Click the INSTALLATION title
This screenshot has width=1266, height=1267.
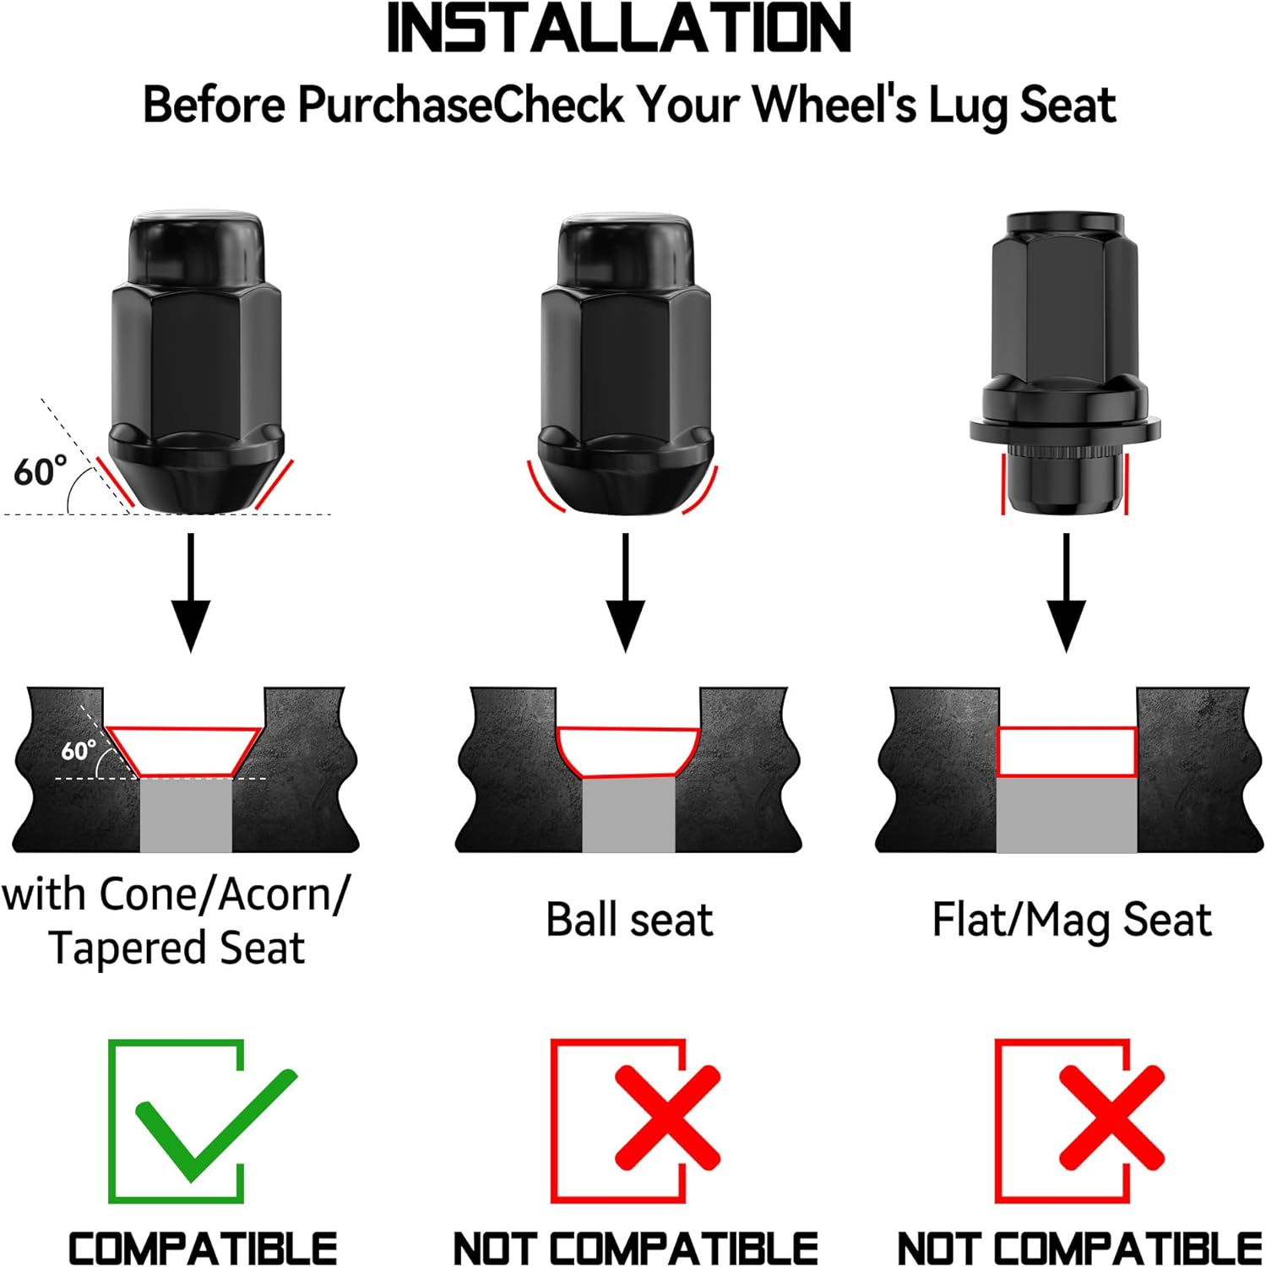click(x=619, y=29)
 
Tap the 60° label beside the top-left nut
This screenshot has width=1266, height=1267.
click(x=40, y=470)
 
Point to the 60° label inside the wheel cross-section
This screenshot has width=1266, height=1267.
click(x=79, y=749)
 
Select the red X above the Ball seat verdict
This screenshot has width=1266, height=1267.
click(x=667, y=1117)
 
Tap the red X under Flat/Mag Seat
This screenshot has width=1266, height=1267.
click(x=1111, y=1117)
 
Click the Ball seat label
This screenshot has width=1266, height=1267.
click(x=629, y=919)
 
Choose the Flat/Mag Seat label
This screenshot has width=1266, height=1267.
click(x=1072, y=920)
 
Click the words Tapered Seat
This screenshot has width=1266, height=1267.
click(x=177, y=948)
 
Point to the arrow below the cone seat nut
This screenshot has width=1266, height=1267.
click(x=191, y=592)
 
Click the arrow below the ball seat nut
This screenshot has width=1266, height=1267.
click(x=625, y=592)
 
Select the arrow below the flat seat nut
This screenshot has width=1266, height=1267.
click(x=1067, y=592)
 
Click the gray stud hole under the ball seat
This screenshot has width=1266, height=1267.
click(x=628, y=814)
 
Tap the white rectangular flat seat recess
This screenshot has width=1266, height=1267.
click(x=1067, y=752)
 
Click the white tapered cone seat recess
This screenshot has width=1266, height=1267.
click(x=185, y=751)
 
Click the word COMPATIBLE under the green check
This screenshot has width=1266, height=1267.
click(x=203, y=1248)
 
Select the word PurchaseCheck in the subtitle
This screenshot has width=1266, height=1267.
click(x=460, y=106)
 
